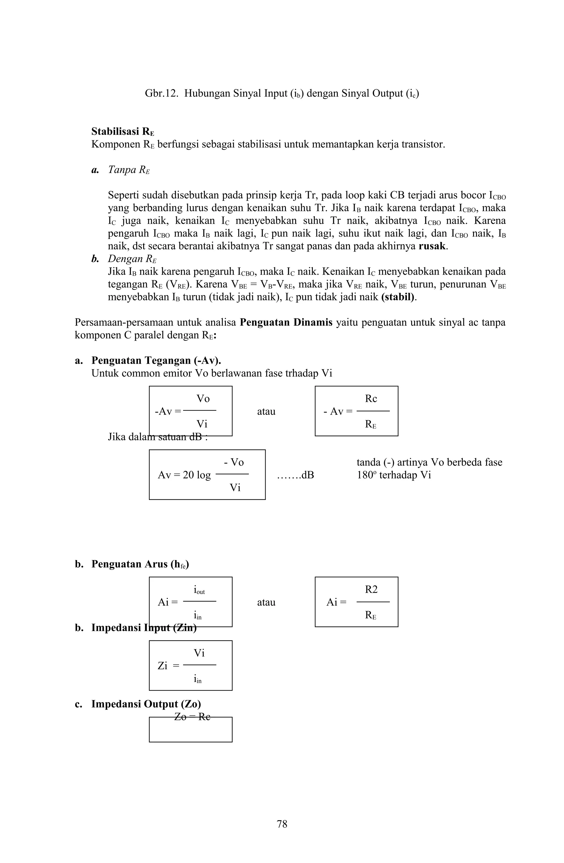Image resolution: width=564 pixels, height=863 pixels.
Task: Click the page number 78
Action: tap(282, 824)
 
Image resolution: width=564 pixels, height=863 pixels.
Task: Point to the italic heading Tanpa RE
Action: tap(129, 170)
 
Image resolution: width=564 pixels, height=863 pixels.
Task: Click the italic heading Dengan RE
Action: tap(132, 259)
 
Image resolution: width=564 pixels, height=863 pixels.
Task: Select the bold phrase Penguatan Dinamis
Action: tap(286, 322)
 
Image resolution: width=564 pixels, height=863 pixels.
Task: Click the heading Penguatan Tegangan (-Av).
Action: tap(156, 360)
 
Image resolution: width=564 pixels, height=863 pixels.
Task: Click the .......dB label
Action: tap(295, 475)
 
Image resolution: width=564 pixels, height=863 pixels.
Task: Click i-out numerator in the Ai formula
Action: tap(199, 590)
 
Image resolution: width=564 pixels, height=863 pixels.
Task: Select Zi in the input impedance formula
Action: tap(162, 666)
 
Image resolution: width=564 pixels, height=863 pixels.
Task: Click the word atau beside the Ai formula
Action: tap(266, 603)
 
